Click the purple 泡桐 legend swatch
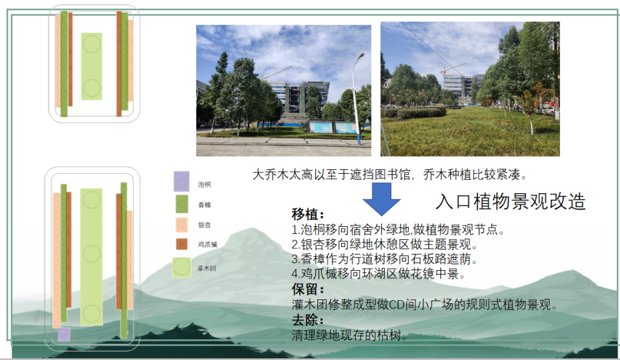[x=181, y=182]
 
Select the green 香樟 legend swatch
[x=181, y=204]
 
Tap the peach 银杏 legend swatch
[x=181, y=225]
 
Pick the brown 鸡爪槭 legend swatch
[x=181, y=244]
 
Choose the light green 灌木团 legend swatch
[x=181, y=267]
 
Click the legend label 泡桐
[x=205, y=185]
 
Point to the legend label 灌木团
[x=207, y=268]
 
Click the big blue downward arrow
[x=382, y=199]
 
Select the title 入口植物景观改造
[x=510, y=202]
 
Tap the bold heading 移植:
[x=308, y=215]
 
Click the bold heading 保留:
[x=308, y=289]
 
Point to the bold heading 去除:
[x=308, y=320]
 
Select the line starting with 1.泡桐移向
[x=398, y=229]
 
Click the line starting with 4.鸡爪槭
[x=378, y=274]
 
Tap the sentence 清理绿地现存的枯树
[x=349, y=335]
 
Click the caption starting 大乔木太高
[x=390, y=175]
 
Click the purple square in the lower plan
[x=64, y=335]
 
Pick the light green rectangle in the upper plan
[x=92, y=66]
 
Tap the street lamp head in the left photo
[x=360, y=56]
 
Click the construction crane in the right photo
[x=453, y=68]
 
